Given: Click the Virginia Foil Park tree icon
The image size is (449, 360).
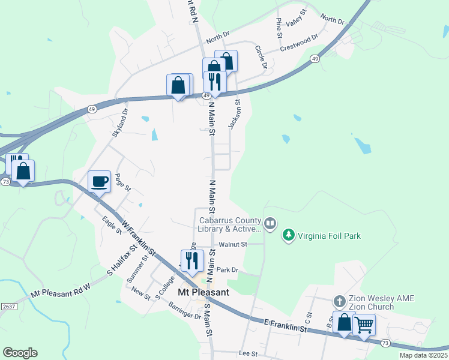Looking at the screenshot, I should coord(289,235).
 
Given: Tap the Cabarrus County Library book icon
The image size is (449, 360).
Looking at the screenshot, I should coord(270,224).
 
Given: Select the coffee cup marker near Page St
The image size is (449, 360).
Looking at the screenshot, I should coord(99,181).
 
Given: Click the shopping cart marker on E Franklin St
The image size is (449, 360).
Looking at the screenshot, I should coord(364,325).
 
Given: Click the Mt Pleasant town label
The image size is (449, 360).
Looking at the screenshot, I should coord(203,293).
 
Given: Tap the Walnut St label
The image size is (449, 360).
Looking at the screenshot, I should coord(233,245).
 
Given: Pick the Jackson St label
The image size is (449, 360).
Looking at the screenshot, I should coord(235,114).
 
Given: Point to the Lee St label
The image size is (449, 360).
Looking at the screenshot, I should coord(248,354).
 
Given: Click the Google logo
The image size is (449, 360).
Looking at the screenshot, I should coord(20,353).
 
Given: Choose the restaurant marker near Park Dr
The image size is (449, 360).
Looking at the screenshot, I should coord(192,261).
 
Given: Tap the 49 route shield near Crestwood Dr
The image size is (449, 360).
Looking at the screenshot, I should coord(315,59).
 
